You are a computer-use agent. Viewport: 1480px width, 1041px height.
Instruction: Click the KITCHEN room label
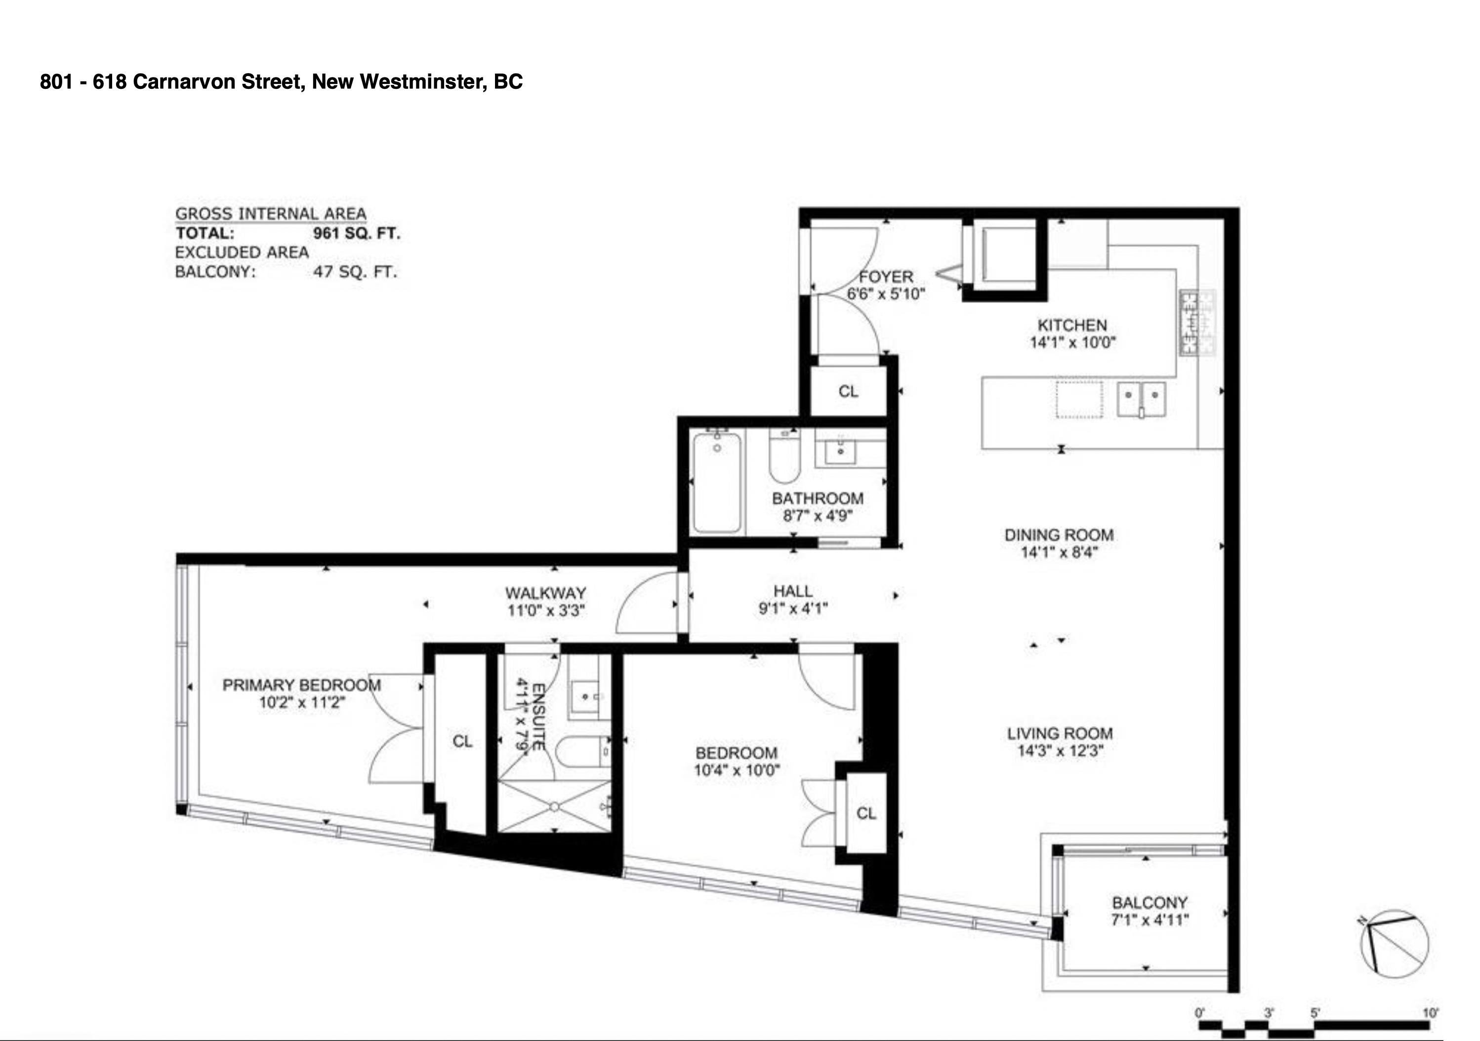point(1072,325)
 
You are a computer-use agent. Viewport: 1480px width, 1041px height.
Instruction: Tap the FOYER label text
point(886,277)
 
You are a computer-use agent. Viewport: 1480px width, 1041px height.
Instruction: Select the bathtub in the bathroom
point(717,482)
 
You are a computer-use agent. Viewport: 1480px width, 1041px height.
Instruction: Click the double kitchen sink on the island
point(1141,399)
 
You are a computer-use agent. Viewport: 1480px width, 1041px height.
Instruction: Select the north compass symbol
point(1394,944)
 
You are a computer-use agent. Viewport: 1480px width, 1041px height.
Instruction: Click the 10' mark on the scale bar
point(1430,1013)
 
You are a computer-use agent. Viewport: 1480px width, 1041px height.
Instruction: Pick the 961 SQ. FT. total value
point(357,234)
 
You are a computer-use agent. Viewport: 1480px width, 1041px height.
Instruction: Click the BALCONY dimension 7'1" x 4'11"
point(1150,920)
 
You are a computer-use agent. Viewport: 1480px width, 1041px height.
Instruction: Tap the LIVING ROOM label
point(1060,733)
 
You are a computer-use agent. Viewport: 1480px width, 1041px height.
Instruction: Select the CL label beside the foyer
point(848,391)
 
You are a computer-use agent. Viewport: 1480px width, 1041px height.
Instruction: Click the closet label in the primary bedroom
point(462,741)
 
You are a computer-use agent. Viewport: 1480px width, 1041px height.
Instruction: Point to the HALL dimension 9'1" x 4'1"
point(793,608)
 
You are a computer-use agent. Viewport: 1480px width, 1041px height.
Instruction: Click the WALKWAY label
point(545,593)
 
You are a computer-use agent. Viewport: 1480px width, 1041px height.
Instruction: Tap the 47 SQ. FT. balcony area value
point(355,272)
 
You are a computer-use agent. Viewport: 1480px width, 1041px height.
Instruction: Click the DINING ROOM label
point(1059,535)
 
